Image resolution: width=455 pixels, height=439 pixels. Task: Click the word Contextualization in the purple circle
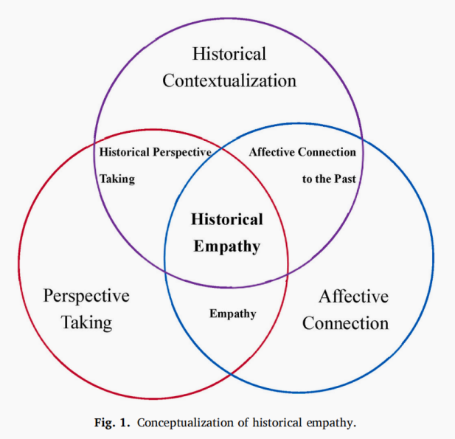pos(229,80)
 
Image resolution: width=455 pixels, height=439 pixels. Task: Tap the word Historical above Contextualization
pos(229,54)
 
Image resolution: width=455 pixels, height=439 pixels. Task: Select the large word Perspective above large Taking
pos(86,296)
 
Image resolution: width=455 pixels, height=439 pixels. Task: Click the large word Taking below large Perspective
pos(86,322)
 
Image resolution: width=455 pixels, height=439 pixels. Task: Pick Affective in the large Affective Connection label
pos(352,297)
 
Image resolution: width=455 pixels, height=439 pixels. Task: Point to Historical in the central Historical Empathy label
pos(226,219)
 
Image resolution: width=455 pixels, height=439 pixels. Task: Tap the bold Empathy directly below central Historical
pos(226,246)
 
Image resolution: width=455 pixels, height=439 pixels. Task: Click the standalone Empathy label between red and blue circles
pos(233,314)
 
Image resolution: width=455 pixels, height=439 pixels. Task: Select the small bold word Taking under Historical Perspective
pos(117,179)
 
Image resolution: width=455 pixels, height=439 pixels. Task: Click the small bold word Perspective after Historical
pos(182,153)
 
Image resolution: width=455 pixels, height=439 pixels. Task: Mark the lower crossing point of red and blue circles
pos(231,374)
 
